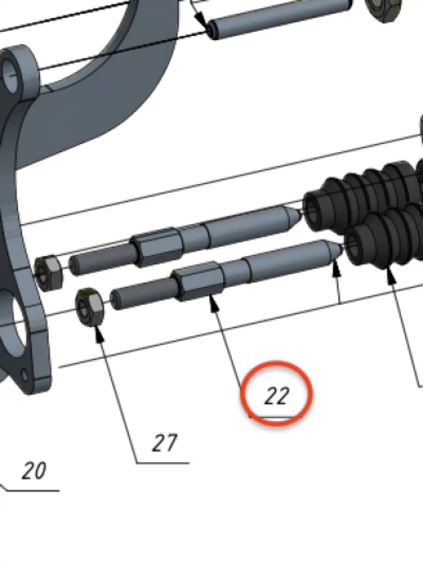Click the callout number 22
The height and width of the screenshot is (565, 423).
[x=277, y=397]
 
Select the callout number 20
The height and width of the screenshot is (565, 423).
[x=34, y=471]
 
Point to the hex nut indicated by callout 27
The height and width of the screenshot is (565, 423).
[x=90, y=308]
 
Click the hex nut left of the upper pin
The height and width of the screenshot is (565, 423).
[x=48, y=273]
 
